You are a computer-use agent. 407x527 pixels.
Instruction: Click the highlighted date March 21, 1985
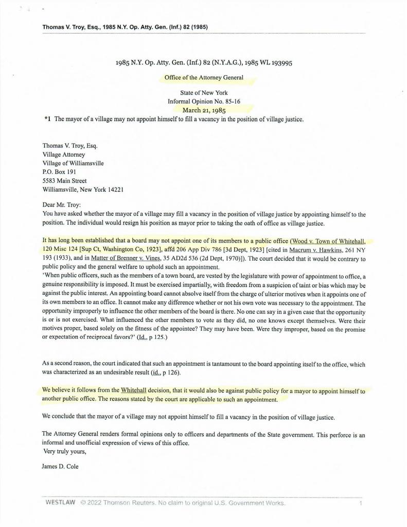(204, 110)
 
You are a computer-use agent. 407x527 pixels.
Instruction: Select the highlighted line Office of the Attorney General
(204, 78)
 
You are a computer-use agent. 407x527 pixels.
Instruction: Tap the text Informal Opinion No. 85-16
(204, 101)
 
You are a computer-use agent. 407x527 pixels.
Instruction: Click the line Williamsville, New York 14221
(82, 190)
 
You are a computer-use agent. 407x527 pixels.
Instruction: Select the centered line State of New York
(204, 93)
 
